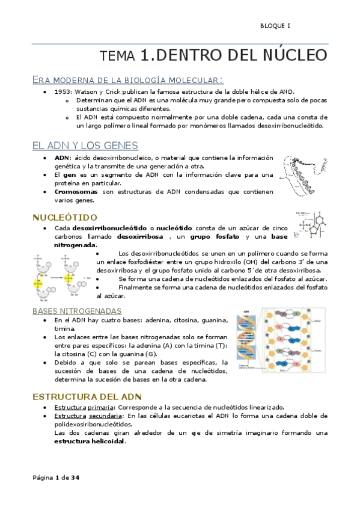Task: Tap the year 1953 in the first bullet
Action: (64, 91)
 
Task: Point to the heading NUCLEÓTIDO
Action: (65, 217)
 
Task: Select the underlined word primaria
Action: (104, 407)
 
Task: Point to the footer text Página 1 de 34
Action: (56, 478)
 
